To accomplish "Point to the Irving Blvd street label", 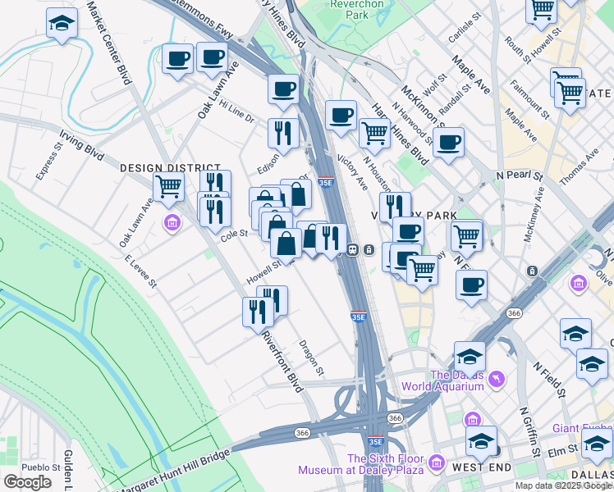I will tap(81, 145).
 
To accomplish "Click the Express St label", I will tap(49, 162).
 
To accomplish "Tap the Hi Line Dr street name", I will tap(237, 112).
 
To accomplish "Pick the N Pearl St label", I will tap(520, 175).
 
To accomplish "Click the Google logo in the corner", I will tap(27, 482).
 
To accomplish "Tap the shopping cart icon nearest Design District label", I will tap(168, 187).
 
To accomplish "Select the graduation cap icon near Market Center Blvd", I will tap(61, 24).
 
